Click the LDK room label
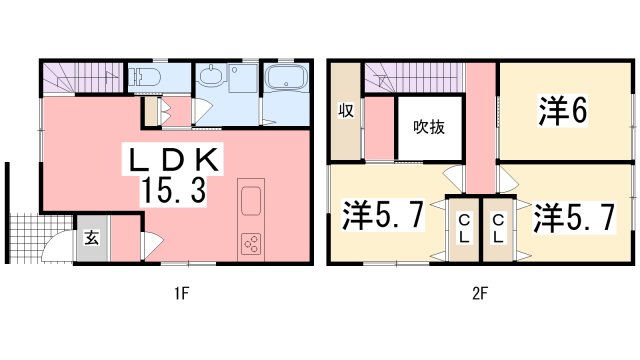click(x=173, y=160)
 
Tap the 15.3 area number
click(x=173, y=191)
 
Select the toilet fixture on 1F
click(x=144, y=76)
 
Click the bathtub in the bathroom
click(x=286, y=77)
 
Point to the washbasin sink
click(x=211, y=75)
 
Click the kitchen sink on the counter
click(x=251, y=201)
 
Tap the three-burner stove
click(x=251, y=244)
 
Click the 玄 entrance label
click(x=91, y=238)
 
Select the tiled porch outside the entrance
click(x=40, y=238)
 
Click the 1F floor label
click(x=181, y=293)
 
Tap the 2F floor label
click(x=480, y=293)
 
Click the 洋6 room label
click(x=563, y=110)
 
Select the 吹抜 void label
click(x=429, y=127)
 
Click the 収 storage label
click(x=346, y=111)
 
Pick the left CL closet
click(x=464, y=230)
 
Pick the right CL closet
click(x=498, y=230)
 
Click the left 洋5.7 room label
click(x=383, y=215)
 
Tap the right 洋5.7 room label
click(x=574, y=218)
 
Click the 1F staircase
click(x=84, y=77)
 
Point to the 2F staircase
click(x=415, y=77)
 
